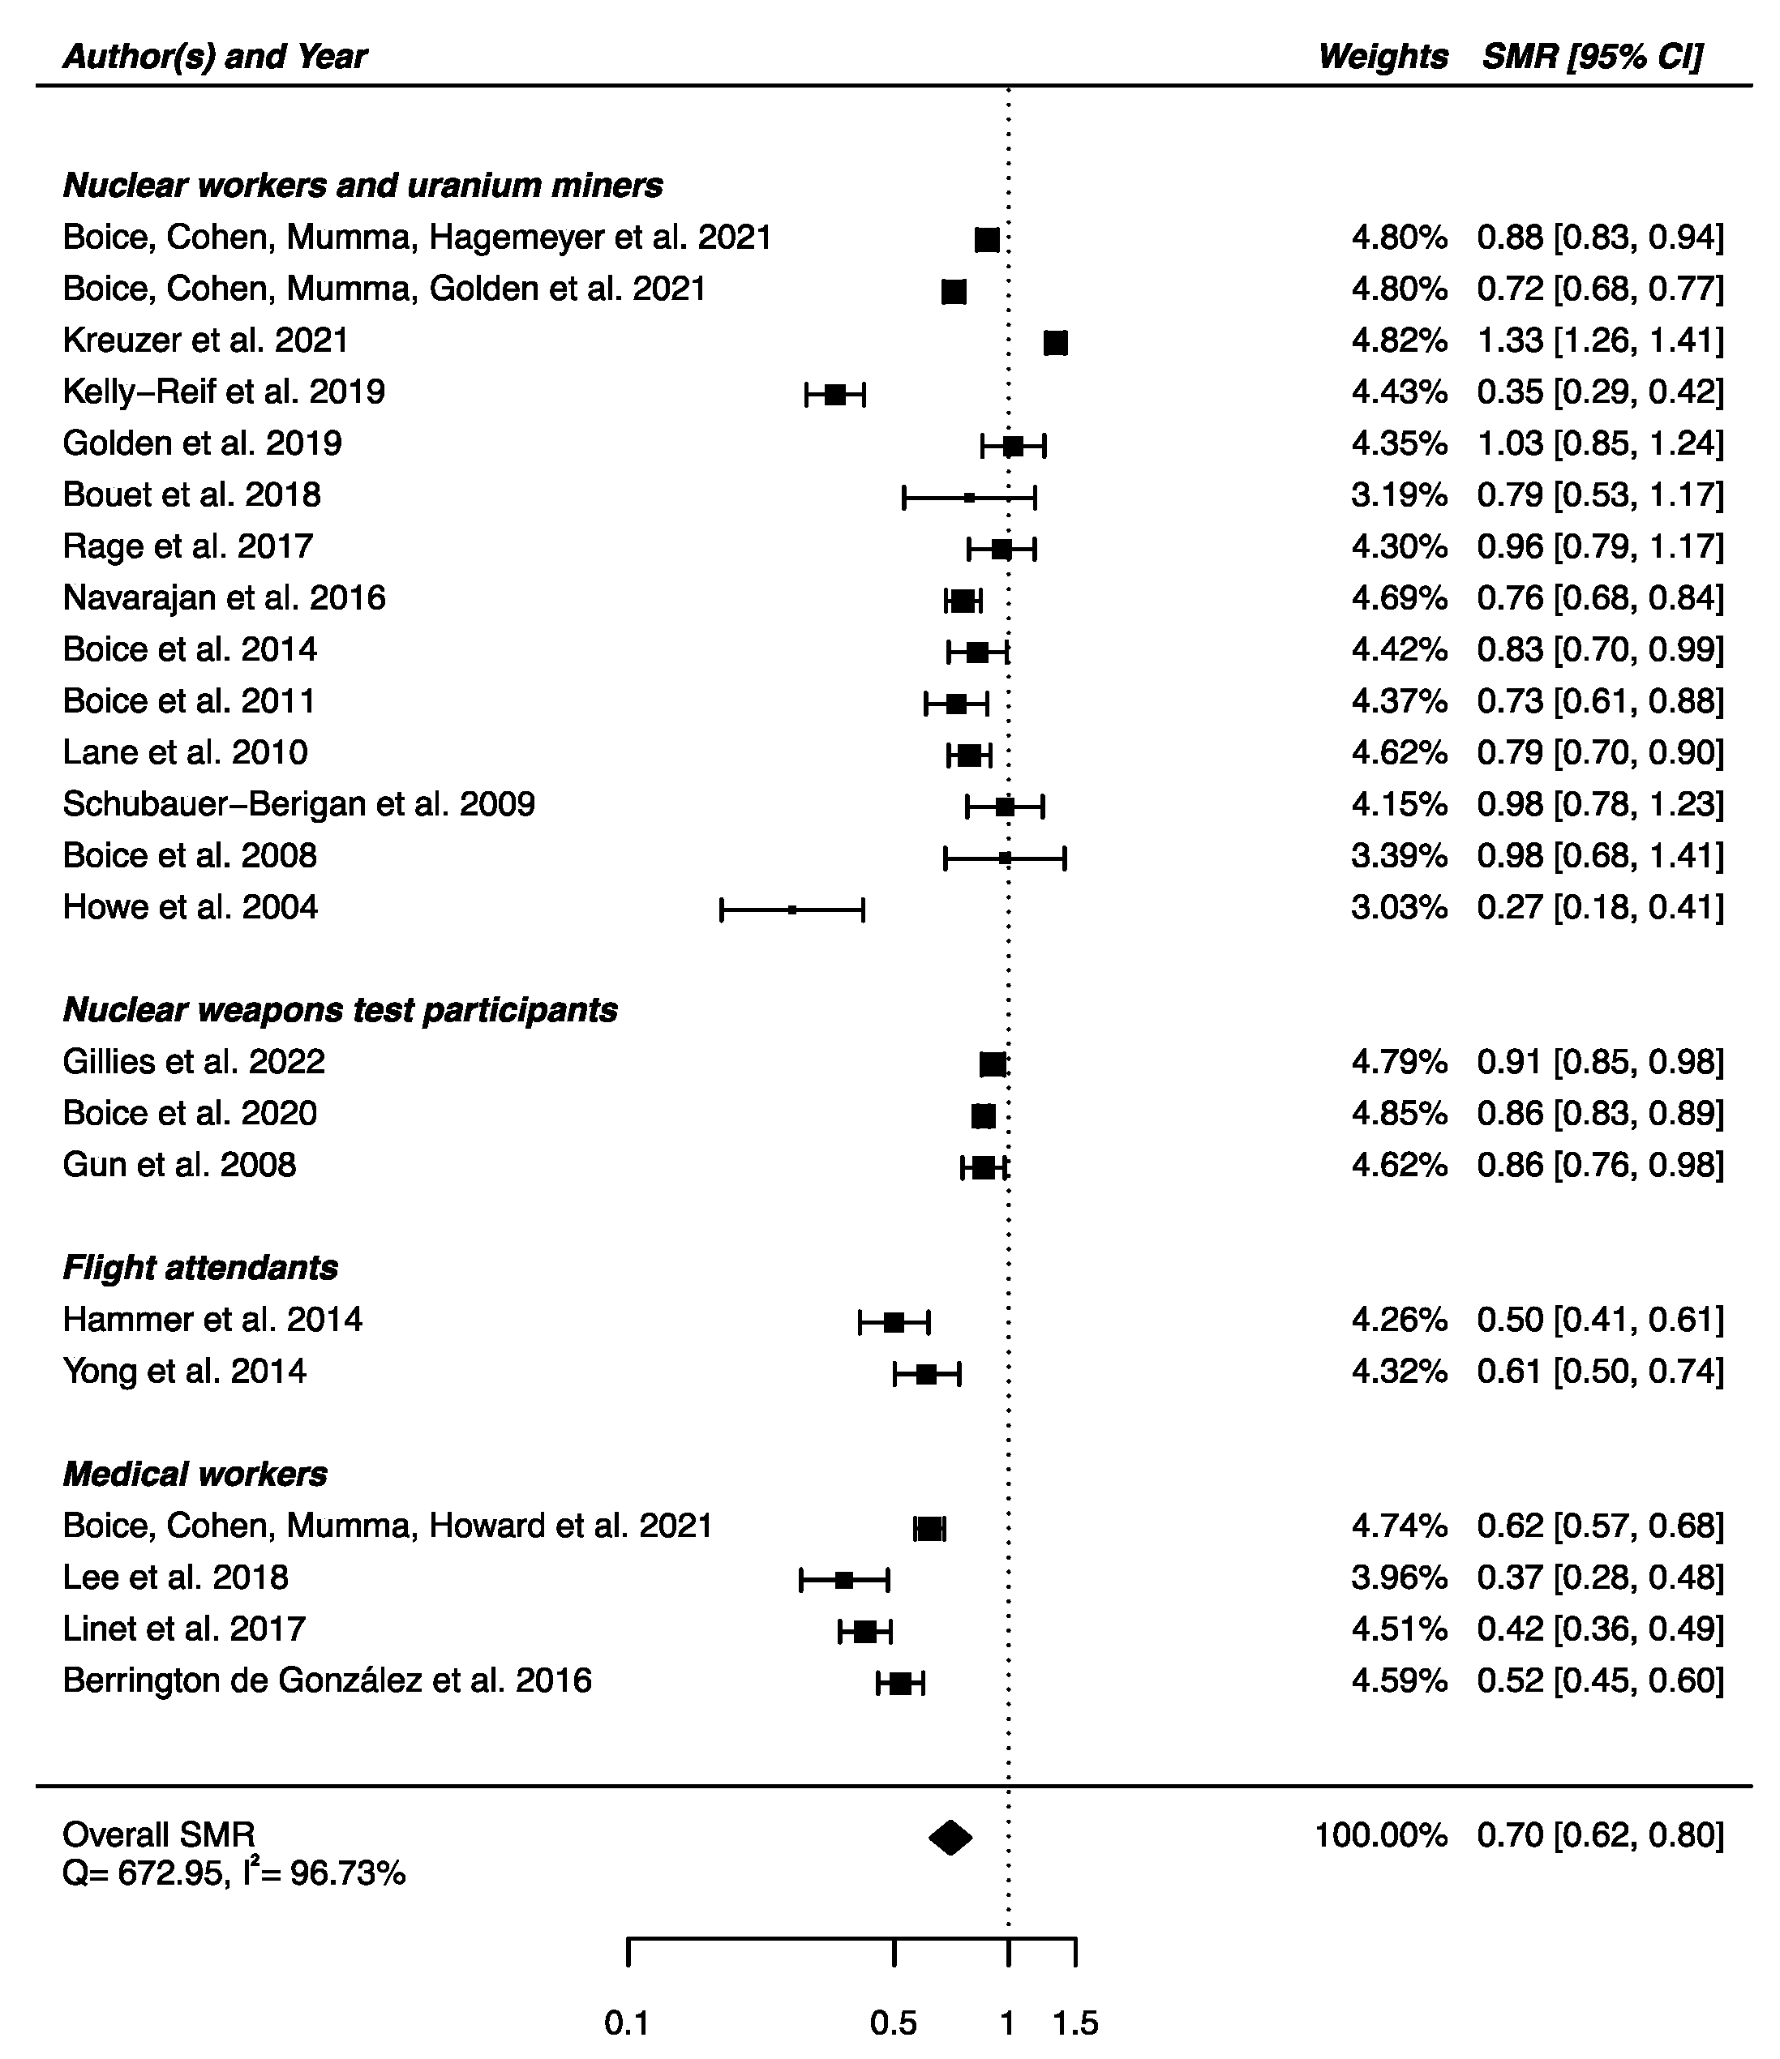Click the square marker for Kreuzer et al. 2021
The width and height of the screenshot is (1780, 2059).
pyautogui.click(x=1056, y=343)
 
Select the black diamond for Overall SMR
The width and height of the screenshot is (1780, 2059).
pyautogui.click(x=950, y=1838)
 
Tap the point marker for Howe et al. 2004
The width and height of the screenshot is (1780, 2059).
pyautogui.click(x=791, y=910)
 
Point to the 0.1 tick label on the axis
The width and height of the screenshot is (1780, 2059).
pyautogui.click(x=627, y=2023)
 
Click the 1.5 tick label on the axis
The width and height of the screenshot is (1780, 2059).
pyautogui.click(x=1075, y=2023)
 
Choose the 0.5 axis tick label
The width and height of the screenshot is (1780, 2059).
pyautogui.click(x=894, y=2023)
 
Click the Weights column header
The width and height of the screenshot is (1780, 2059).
pyautogui.click(x=1383, y=57)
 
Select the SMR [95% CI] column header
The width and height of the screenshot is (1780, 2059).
pyautogui.click(x=1592, y=57)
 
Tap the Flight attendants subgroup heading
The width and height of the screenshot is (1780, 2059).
pyautogui.click(x=199, y=1267)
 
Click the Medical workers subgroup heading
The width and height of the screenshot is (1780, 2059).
pyautogui.click(x=195, y=1474)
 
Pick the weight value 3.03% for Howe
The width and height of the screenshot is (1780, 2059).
pyautogui.click(x=1398, y=907)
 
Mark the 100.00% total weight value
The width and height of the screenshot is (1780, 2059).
pyautogui.click(x=1380, y=1834)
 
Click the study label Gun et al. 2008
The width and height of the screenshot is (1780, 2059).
pyautogui.click(x=179, y=1165)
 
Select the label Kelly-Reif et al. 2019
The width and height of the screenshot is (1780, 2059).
pyautogui.click(x=224, y=392)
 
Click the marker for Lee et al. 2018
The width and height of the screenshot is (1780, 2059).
pyautogui.click(x=844, y=1579)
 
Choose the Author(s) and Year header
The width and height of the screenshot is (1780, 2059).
pyautogui.click(x=215, y=57)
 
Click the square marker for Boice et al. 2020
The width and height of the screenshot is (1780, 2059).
pyautogui.click(x=983, y=1116)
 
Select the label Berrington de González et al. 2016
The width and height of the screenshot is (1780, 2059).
pyautogui.click(x=327, y=1680)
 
